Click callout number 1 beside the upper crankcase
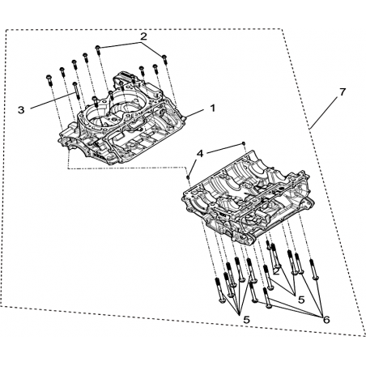point(213,109)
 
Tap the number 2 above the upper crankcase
point(143,36)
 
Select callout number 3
point(21,110)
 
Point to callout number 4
point(200,154)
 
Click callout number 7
point(343,92)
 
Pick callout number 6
point(326,320)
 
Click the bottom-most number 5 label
point(246,320)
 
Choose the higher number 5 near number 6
point(301,300)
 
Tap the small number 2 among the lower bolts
point(276,271)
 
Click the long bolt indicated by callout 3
point(75,91)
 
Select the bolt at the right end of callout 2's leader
point(164,59)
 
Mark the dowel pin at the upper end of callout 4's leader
point(243,143)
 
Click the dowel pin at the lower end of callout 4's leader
point(189,177)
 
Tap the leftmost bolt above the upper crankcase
point(49,80)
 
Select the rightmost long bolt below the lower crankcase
point(314,270)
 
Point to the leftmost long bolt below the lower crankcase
point(219,291)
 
